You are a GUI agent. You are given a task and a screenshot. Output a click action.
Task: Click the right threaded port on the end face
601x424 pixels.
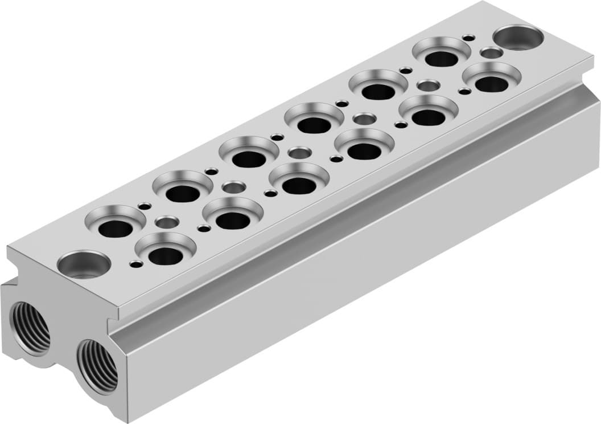[97, 365]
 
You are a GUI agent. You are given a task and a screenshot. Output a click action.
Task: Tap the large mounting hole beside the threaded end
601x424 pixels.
[84, 264]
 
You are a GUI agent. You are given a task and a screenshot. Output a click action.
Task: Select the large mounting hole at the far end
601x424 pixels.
[518, 38]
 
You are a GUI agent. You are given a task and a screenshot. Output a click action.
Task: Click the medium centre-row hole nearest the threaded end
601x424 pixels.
[167, 222]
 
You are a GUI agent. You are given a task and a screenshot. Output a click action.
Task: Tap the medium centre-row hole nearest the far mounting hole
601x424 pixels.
[491, 53]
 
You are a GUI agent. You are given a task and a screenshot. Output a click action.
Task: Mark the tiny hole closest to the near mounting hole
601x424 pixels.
[137, 264]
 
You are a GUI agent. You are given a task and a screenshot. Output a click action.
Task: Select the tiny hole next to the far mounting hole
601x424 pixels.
[468, 38]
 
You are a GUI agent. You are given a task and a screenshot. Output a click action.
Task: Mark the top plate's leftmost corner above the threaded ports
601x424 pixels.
[8, 250]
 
